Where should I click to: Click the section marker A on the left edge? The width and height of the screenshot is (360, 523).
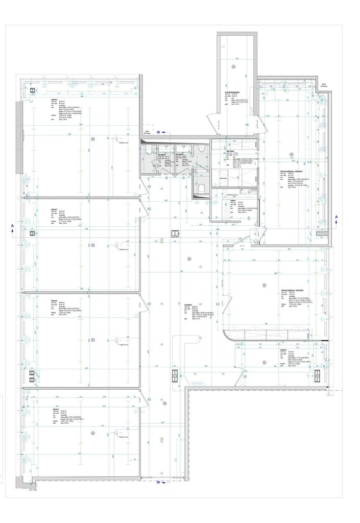click(x=11, y=226)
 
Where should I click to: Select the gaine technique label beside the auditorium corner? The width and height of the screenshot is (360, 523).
click(x=323, y=85)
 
